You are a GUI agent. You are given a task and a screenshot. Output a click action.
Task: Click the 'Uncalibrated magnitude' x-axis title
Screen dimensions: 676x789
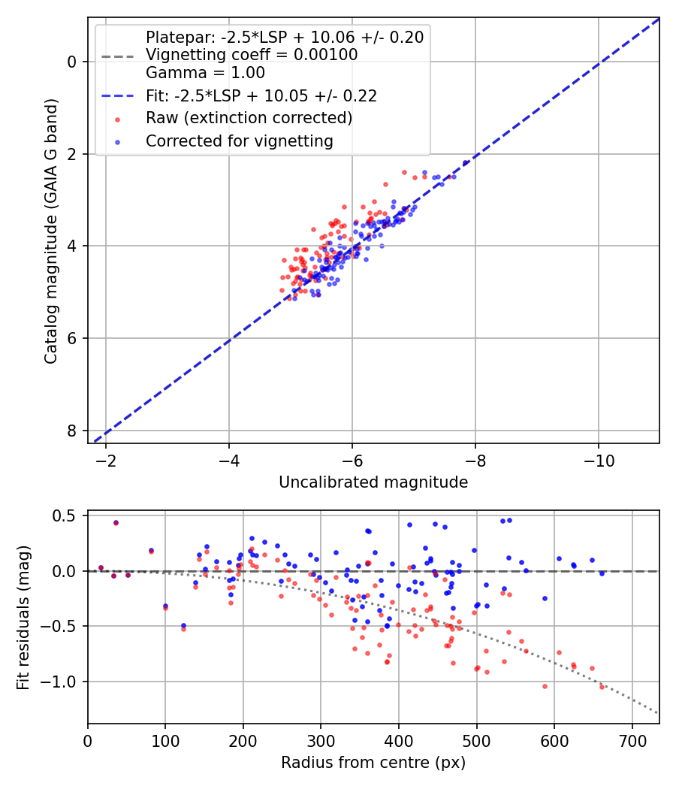(x=373, y=482)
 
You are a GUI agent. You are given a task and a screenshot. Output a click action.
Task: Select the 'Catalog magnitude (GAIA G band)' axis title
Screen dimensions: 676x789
(x=51, y=231)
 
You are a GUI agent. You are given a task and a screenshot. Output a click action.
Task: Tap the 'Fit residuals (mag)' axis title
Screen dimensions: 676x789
(x=23, y=617)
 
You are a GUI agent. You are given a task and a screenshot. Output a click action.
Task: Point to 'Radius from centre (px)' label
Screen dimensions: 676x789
(x=373, y=763)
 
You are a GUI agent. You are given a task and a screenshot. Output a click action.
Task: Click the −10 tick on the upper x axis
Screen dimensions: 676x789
(x=598, y=461)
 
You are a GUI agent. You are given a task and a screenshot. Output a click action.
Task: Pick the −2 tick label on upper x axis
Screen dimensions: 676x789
(x=106, y=461)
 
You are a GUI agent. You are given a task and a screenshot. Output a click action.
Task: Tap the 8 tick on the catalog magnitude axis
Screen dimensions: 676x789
(x=72, y=431)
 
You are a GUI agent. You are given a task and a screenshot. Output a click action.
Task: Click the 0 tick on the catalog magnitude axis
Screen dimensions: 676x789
(x=72, y=62)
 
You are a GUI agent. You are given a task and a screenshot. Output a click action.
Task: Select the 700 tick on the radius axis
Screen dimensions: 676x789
(x=632, y=741)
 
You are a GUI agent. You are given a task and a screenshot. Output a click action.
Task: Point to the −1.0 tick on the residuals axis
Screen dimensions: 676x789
(x=58, y=682)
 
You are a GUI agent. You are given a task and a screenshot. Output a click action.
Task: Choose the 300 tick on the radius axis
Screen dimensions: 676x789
(x=321, y=741)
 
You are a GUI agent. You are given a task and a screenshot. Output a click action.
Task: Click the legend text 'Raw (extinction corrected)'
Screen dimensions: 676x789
(x=249, y=118)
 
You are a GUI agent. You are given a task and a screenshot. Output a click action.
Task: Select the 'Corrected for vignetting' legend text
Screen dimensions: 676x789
(x=240, y=141)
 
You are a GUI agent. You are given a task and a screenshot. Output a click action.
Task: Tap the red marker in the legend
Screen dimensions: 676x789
(x=118, y=119)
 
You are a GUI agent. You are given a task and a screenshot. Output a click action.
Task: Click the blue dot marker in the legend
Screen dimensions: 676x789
(x=118, y=143)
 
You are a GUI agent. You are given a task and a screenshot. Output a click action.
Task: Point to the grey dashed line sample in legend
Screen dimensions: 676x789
(x=118, y=56)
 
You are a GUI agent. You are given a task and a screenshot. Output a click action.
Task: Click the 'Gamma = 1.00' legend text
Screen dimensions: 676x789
(x=205, y=72)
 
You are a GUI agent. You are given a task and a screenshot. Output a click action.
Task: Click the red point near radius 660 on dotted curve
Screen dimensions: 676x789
(x=602, y=687)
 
